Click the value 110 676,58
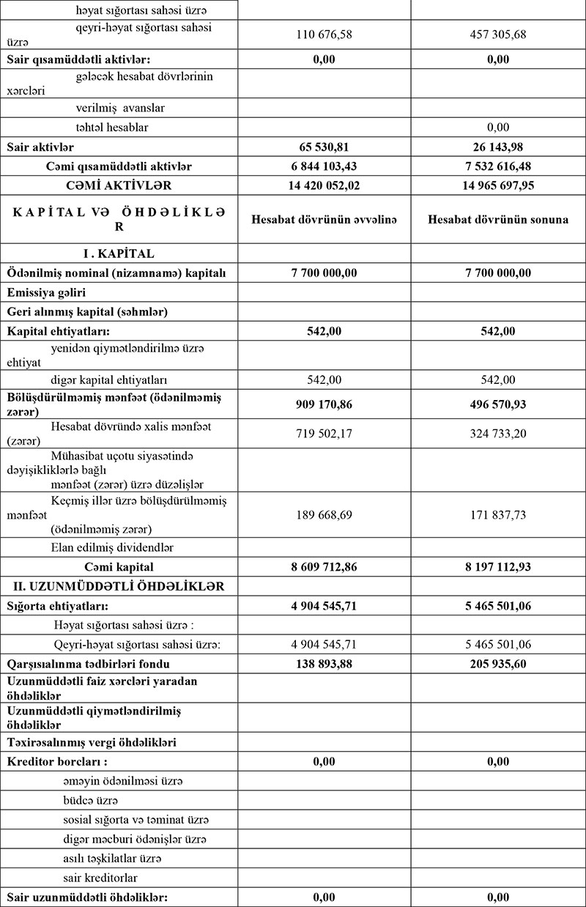[324, 34]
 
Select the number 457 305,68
[499, 34]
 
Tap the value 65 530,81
[324, 147]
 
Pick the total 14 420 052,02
[324, 185]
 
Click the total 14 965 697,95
[499, 185]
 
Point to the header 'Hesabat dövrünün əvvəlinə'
[324, 220]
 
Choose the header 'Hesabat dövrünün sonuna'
[499, 220]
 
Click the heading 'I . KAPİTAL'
[119, 253]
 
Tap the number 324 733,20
[499, 433]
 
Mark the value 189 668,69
[324, 515]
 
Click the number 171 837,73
[499, 515]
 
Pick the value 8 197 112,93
[499, 567]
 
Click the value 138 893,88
[324, 664]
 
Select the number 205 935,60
[499, 664]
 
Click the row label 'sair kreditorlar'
[100, 877]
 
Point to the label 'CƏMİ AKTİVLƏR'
[119, 185]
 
